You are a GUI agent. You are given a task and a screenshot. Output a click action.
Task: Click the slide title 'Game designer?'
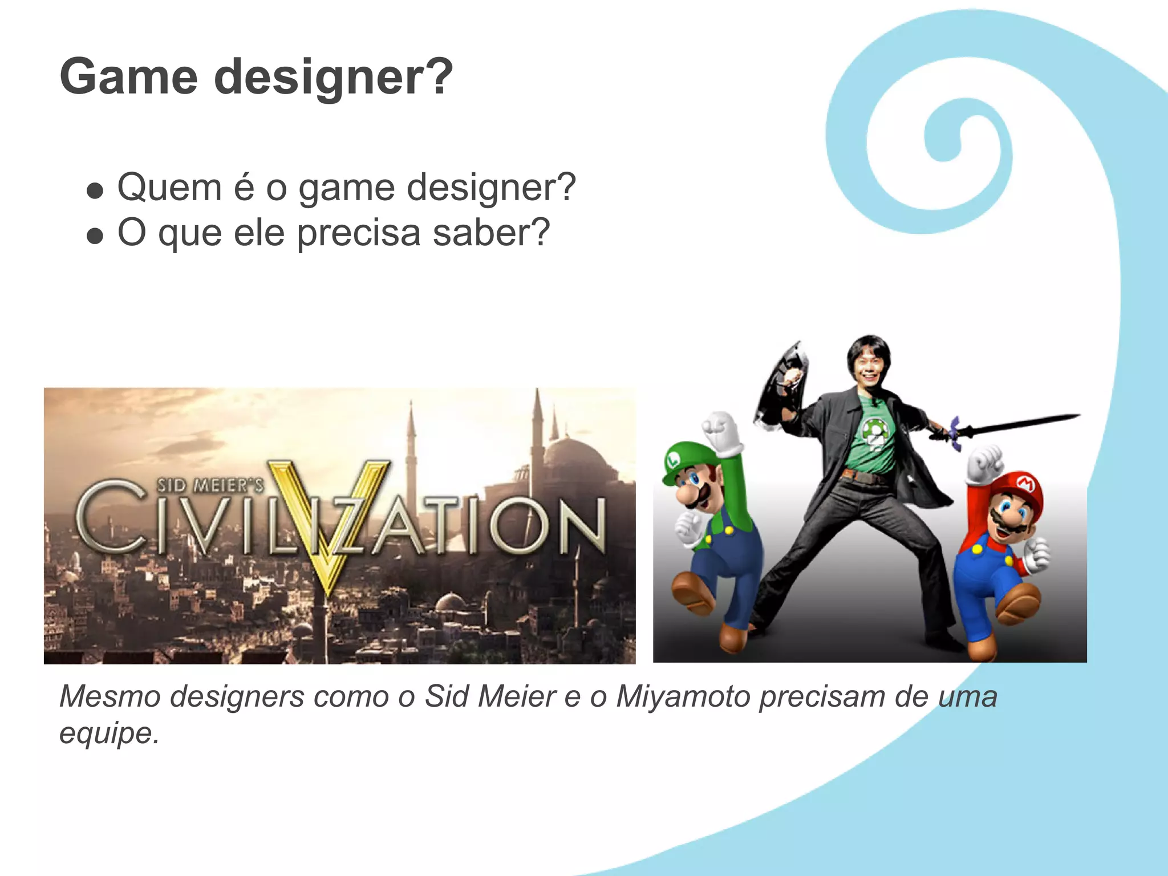(x=256, y=78)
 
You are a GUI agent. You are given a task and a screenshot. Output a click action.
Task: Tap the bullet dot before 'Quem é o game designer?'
(x=95, y=190)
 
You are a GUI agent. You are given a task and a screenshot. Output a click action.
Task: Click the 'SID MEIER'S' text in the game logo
(x=210, y=485)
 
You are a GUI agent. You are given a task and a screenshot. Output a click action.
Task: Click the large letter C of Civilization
(x=112, y=516)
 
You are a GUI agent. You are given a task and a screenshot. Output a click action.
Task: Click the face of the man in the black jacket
(x=868, y=366)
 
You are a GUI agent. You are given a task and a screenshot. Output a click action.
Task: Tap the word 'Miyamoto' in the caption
(x=683, y=696)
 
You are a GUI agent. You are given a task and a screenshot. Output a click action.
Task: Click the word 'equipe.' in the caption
(x=109, y=733)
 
